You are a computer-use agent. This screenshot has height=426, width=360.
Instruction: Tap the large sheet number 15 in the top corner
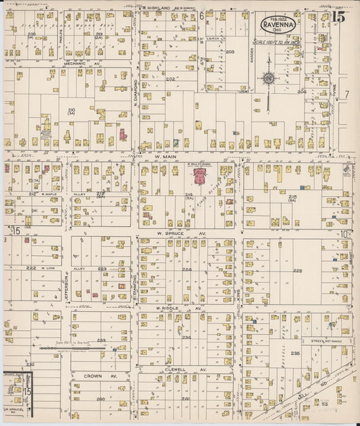(338, 18)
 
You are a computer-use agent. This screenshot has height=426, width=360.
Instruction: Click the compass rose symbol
(268, 78)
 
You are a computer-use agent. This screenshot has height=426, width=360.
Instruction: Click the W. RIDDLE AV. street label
(170, 308)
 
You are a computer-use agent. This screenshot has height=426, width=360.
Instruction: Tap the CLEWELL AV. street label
(174, 369)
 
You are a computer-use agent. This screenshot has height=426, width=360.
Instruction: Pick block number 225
(297, 271)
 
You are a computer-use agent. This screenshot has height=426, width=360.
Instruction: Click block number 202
(170, 79)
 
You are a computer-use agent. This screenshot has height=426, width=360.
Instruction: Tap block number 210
(71, 109)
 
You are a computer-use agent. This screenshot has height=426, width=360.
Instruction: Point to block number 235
(295, 353)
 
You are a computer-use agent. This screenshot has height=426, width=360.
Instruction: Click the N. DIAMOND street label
(135, 101)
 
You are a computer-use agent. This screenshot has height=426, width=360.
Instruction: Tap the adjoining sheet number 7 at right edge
(346, 94)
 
